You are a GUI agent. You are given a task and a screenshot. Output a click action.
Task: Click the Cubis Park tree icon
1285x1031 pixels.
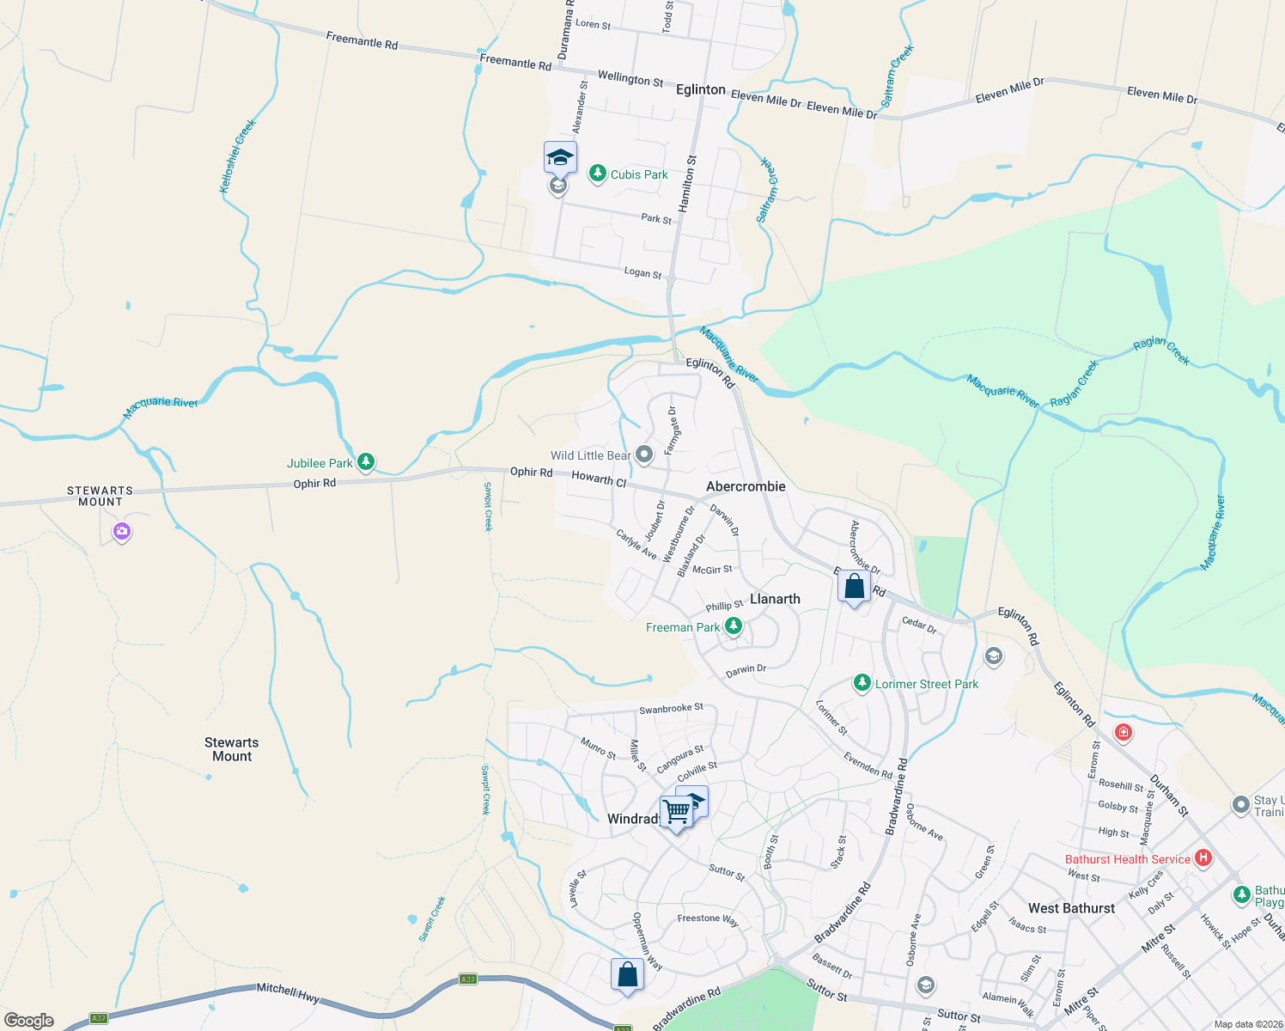click(x=597, y=174)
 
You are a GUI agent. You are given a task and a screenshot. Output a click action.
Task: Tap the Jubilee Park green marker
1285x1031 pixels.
click(x=366, y=462)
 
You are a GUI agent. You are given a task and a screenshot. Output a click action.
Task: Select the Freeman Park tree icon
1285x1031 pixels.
click(x=734, y=626)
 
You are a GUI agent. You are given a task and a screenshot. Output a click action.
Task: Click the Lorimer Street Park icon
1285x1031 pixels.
click(x=862, y=683)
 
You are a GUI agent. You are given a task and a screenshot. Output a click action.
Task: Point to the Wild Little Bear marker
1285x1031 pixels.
click(x=644, y=454)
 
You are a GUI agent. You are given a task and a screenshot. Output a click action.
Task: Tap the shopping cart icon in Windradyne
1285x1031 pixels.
click(x=676, y=811)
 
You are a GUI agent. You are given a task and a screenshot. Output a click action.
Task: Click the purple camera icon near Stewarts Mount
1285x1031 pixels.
click(x=122, y=531)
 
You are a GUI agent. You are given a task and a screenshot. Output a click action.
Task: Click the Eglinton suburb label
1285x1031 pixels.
click(x=701, y=89)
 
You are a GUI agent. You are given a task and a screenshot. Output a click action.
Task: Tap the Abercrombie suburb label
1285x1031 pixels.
click(x=746, y=486)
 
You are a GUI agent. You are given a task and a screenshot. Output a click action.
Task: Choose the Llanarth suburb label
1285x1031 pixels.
click(x=775, y=599)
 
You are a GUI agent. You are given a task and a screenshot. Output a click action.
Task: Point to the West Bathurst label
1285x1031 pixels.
click(x=1071, y=908)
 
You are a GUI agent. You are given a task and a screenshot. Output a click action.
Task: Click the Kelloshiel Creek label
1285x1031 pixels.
click(x=239, y=156)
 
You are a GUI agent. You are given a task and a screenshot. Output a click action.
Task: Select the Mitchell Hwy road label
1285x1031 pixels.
click(x=288, y=993)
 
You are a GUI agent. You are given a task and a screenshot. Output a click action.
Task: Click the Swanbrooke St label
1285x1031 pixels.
click(x=671, y=709)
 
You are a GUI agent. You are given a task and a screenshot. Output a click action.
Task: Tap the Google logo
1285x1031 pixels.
click(x=29, y=1021)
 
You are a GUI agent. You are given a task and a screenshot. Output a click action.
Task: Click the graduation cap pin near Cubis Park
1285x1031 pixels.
click(x=560, y=158)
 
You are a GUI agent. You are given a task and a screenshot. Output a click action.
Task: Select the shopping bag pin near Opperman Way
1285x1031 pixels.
click(x=627, y=975)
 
